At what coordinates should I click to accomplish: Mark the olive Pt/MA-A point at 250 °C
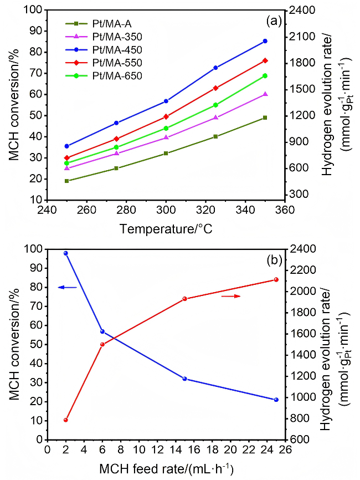(66, 181)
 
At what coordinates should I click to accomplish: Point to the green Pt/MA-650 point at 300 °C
(166, 128)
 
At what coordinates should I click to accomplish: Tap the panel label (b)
(274, 259)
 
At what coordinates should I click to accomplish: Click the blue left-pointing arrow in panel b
(67, 287)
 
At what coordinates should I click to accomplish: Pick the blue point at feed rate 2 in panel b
(65, 253)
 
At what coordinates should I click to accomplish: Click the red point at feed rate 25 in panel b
(276, 279)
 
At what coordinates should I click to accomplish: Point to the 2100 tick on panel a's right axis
(299, 36)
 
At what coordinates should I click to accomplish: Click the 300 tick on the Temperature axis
(166, 211)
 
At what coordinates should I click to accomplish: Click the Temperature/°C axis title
(166, 228)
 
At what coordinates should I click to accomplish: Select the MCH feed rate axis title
(166, 468)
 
